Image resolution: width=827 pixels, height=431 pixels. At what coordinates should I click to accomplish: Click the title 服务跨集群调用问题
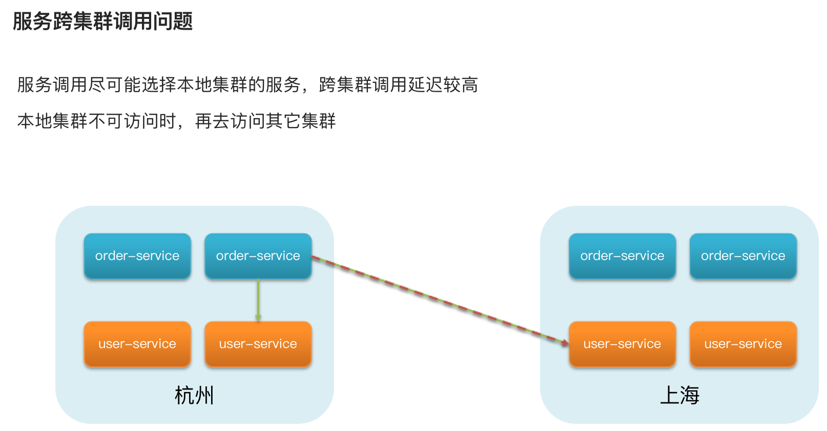click(x=102, y=21)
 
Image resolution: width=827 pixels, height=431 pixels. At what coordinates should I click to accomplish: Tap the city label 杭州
click(x=194, y=395)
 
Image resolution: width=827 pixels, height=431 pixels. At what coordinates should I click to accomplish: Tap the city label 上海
click(x=679, y=395)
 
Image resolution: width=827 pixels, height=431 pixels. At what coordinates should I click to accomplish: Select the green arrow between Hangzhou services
click(x=258, y=299)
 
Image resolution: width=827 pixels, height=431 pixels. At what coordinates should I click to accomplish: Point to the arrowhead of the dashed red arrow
click(x=564, y=342)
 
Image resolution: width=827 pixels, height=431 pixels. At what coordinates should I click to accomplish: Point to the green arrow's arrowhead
click(x=258, y=318)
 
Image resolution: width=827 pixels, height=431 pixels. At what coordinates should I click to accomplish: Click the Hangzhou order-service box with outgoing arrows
click(x=258, y=256)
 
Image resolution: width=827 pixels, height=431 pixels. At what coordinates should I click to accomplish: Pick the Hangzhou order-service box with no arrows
click(x=137, y=256)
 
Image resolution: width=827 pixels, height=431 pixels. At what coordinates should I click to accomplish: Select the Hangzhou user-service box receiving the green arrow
click(x=258, y=344)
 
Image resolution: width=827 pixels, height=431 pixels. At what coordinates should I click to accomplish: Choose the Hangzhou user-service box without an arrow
click(x=137, y=344)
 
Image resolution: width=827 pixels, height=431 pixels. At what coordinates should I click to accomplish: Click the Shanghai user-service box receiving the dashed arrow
click(x=622, y=344)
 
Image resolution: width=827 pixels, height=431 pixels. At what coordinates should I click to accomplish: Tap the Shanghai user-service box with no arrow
click(x=743, y=344)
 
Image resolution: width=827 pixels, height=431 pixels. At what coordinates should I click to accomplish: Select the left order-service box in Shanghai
click(x=622, y=256)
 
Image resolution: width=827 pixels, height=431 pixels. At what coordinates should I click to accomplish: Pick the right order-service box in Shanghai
click(x=743, y=256)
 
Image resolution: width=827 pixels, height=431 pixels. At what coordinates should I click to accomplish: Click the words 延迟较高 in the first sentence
click(x=443, y=85)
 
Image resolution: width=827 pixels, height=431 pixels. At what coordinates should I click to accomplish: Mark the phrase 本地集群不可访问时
click(x=97, y=121)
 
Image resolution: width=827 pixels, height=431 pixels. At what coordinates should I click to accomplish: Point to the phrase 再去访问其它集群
click(x=265, y=121)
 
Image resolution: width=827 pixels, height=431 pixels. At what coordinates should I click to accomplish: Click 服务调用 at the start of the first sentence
click(x=52, y=85)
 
